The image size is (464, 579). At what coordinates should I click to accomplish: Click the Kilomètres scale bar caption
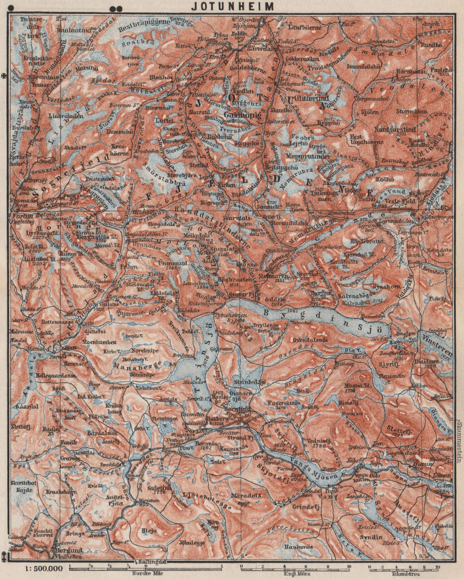tap(403, 573)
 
